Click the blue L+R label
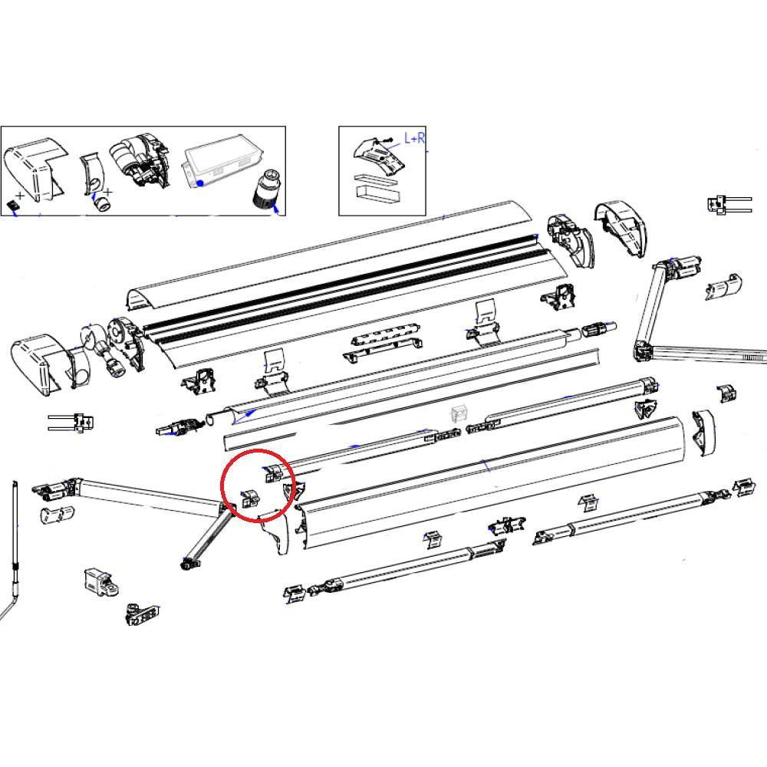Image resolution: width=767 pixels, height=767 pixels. click(x=414, y=139)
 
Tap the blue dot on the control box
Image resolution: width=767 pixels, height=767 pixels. click(x=200, y=183)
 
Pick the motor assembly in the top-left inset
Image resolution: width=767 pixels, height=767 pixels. click(x=140, y=162)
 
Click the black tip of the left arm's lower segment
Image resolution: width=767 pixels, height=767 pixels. click(x=186, y=565)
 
